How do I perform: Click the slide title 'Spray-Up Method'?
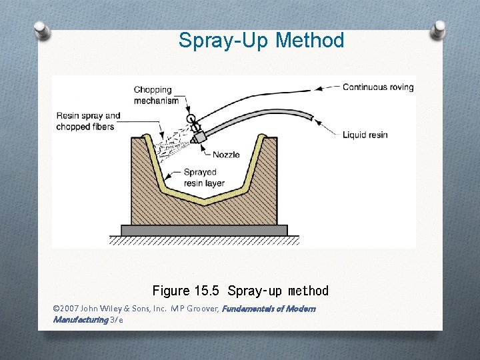tap(261, 41)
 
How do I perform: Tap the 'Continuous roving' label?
tap(377, 87)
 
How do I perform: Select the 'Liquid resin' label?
tap(365, 135)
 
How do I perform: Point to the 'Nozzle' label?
tap(226, 155)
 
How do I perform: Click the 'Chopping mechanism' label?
tap(156, 95)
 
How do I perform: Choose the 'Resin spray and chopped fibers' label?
tap(88, 121)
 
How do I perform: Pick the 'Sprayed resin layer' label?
tap(204, 177)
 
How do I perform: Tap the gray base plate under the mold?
tap(204, 230)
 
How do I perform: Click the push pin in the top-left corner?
tap(41, 30)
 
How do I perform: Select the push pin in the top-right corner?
tap(439, 29)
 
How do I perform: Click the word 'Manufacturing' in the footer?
tap(80, 319)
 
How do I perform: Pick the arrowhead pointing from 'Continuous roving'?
tap(319, 88)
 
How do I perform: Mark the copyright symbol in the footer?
tap(55, 309)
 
